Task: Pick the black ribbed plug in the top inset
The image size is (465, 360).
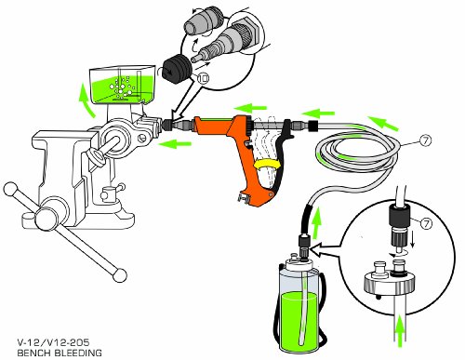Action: pyautogui.click(x=173, y=70)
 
